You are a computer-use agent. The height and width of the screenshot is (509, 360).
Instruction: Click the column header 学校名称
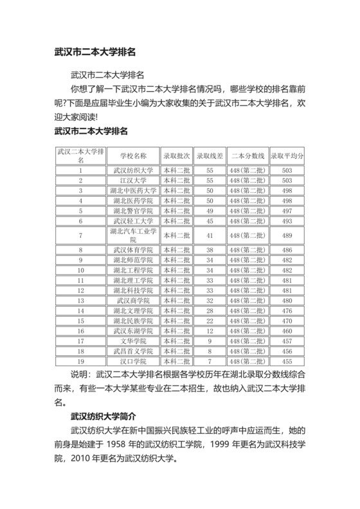click(x=133, y=156)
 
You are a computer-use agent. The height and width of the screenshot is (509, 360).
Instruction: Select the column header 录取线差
click(x=210, y=156)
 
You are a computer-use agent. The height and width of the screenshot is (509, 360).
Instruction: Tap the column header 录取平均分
click(x=287, y=156)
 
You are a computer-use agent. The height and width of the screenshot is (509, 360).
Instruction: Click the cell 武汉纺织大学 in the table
click(x=133, y=170)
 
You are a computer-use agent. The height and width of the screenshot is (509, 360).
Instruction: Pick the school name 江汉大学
click(x=133, y=181)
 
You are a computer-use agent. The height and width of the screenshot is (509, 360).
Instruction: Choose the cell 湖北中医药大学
click(x=133, y=190)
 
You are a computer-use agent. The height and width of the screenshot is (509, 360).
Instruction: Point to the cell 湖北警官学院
click(x=133, y=210)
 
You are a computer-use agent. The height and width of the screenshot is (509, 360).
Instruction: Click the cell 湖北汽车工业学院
click(x=133, y=235)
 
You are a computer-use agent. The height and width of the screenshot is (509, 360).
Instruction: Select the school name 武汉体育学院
click(x=133, y=249)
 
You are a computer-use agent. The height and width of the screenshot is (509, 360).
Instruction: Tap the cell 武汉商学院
click(x=133, y=300)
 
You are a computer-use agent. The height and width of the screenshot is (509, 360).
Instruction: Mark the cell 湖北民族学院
click(x=133, y=320)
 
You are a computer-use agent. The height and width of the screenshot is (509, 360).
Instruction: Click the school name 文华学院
click(x=133, y=340)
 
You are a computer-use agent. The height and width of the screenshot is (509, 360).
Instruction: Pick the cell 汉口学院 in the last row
click(x=133, y=361)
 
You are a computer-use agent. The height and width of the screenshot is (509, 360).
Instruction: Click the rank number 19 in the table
click(x=80, y=361)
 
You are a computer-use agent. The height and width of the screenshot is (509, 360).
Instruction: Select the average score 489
click(x=287, y=235)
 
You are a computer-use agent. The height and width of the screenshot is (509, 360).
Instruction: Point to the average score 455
click(x=287, y=361)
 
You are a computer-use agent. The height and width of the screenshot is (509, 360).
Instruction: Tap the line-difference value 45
click(x=210, y=220)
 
